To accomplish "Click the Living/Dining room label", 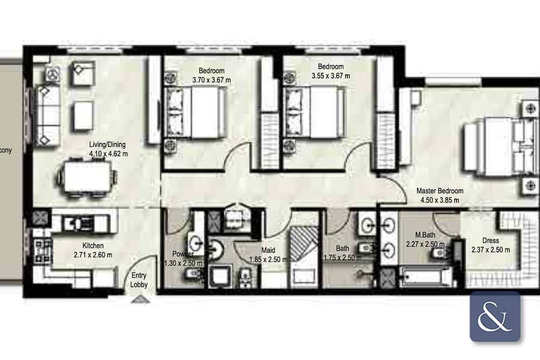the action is (107, 145).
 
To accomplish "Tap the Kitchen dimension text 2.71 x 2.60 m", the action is (93, 255).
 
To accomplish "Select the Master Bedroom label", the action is (440, 191).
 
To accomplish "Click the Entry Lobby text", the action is (139, 280).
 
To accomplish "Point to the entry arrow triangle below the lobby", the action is (140, 299).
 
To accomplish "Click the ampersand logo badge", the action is (495, 317).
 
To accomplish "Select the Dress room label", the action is (490, 241).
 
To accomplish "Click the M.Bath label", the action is (425, 235).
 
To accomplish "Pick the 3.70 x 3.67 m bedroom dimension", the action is (211, 80).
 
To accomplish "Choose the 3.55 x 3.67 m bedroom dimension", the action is (331, 76).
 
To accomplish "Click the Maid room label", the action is (268, 250).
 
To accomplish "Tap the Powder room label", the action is (183, 254).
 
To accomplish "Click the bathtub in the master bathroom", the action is (425, 277).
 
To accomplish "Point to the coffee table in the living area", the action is (83, 116).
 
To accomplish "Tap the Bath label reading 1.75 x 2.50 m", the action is (343, 257).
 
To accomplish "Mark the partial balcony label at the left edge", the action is (6, 151).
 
